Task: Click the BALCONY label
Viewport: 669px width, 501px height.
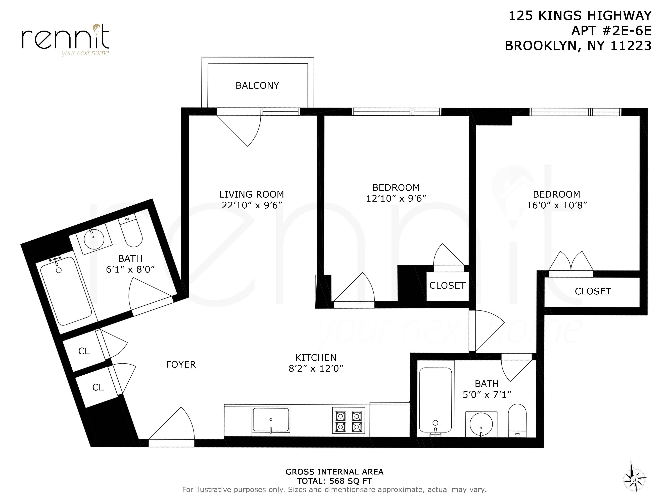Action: pyautogui.click(x=257, y=86)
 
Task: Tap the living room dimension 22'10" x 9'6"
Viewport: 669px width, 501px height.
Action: pyautogui.click(x=252, y=205)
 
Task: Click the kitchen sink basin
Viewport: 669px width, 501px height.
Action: pyautogui.click(x=271, y=420)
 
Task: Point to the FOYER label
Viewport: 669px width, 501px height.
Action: pyautogui.click(x=181, y=365)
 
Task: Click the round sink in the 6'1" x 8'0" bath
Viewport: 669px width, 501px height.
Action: pyautogui.click(x=94, y=239)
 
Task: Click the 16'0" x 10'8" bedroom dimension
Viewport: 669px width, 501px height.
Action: pyautogui.click(x=556, y=205)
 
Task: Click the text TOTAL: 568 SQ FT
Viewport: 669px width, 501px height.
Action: pyautogui.click(x=334, y=481)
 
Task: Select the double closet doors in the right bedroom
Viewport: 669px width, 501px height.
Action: pyautogui.click(x=571, y=263)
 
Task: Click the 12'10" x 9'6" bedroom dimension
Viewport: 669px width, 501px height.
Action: pyautogui.click(x=396, y=198)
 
